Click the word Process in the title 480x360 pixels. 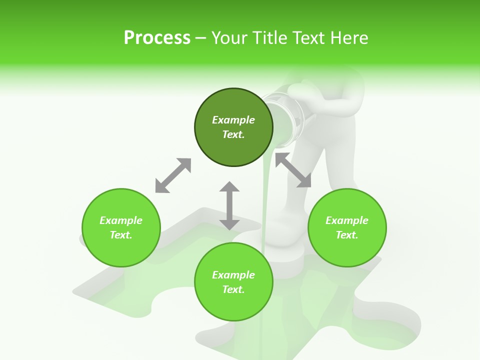(x=157, y=38)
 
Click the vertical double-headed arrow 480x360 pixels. (x=229, y=205)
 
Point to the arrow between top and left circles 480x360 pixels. (x=173, y=175)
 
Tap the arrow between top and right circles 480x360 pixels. (x=293, y=170)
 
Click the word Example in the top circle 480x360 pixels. (x=233, y=120)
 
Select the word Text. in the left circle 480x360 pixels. (x=121, y=235)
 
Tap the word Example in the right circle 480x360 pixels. (x=347, y=220)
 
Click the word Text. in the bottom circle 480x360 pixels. (x=233, y=289)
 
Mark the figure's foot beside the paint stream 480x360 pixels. (x=285, y=250)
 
